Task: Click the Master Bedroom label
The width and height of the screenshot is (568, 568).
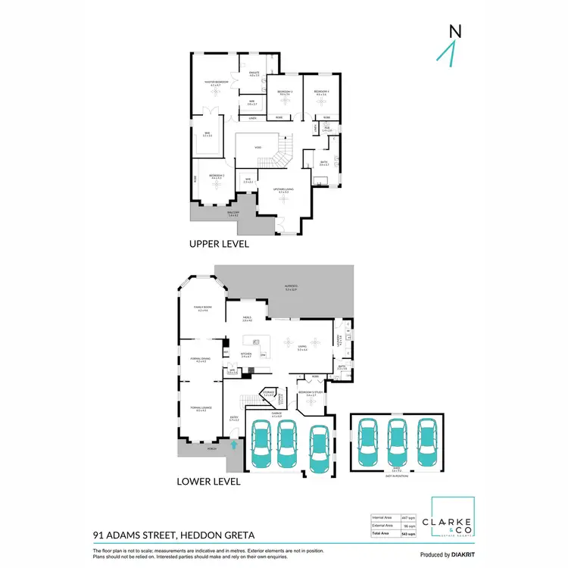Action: pos(217,83)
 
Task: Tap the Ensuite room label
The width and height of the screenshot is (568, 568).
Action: pos(255,73)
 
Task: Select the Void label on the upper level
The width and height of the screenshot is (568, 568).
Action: pos(257,147)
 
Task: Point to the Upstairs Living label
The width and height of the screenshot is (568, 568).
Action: pos(284,190)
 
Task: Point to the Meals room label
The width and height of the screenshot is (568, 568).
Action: pos(247,319)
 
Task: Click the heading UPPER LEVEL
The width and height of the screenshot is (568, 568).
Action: pos(220,245)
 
